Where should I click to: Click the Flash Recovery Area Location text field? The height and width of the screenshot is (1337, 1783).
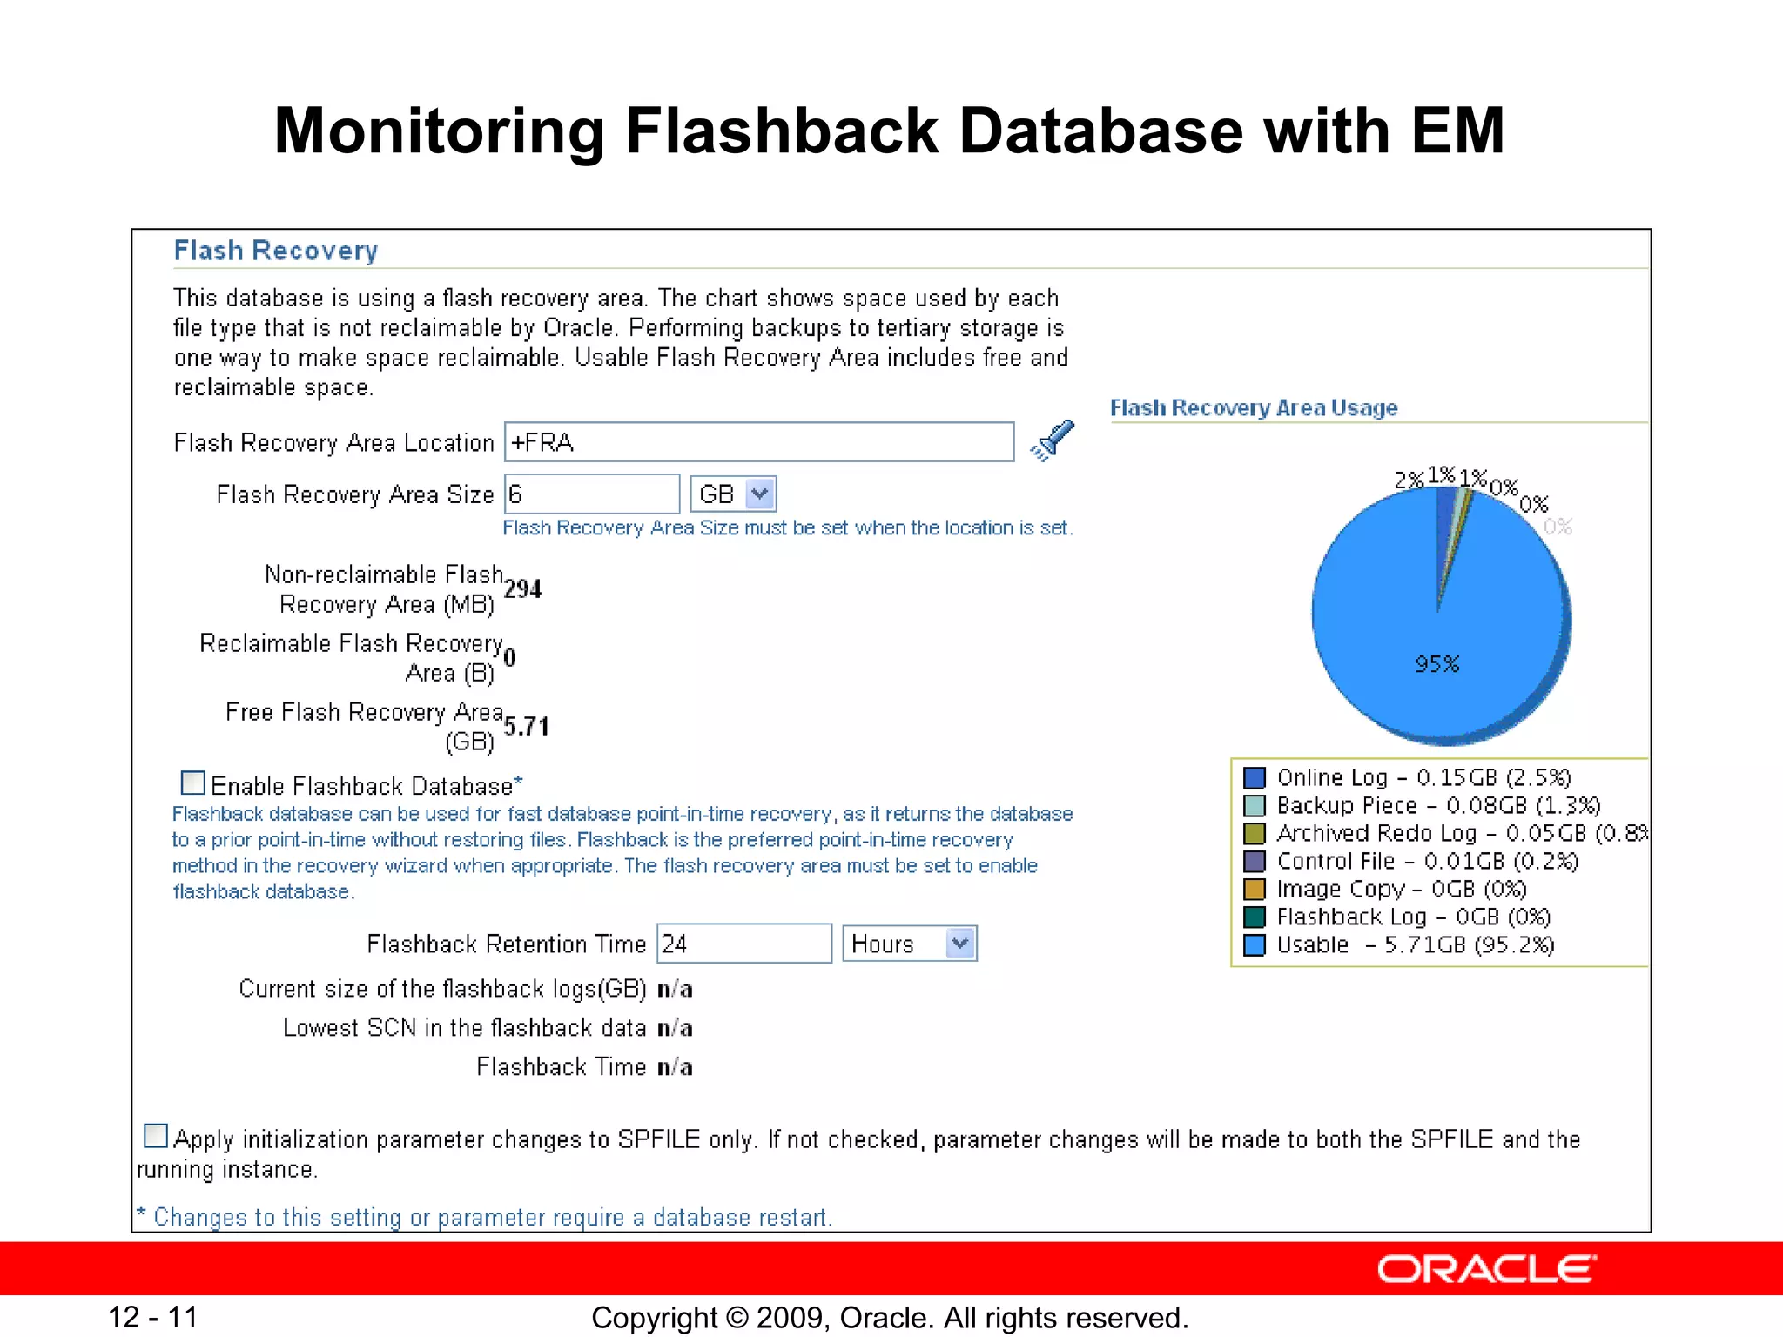(x=759, y=442)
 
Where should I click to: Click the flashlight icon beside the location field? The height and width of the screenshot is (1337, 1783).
(x=1053, y=440)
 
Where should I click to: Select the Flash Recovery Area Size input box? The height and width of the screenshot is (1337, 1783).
(x=592, y=494)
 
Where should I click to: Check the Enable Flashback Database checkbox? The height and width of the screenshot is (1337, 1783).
(x=192, y=783)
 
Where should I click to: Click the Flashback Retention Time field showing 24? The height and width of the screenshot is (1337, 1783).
(x=743, y=944)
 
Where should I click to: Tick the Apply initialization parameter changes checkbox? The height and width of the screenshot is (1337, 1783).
(x=156, y=1136)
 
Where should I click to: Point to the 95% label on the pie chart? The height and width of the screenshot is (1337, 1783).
(x=1436, y=664)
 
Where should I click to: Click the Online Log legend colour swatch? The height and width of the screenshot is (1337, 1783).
(x=1254, y=777)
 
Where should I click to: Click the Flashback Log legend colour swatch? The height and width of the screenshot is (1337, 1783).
(x=1254, y=917)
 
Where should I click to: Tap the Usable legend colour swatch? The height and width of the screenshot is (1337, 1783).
(x=1254, y=944)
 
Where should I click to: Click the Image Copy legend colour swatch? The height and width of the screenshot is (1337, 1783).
(x=1254, y=889)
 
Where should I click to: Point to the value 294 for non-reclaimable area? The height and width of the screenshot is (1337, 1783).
(x=522, y=589)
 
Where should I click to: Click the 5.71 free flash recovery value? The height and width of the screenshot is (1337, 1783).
(x=526, y=727)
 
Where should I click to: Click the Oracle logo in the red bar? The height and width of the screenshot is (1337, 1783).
(x=1486, y=1269)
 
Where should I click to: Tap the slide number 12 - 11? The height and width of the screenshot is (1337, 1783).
(x=152, y=1317)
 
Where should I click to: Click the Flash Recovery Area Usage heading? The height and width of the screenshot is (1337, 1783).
(x=1254, y=408)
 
